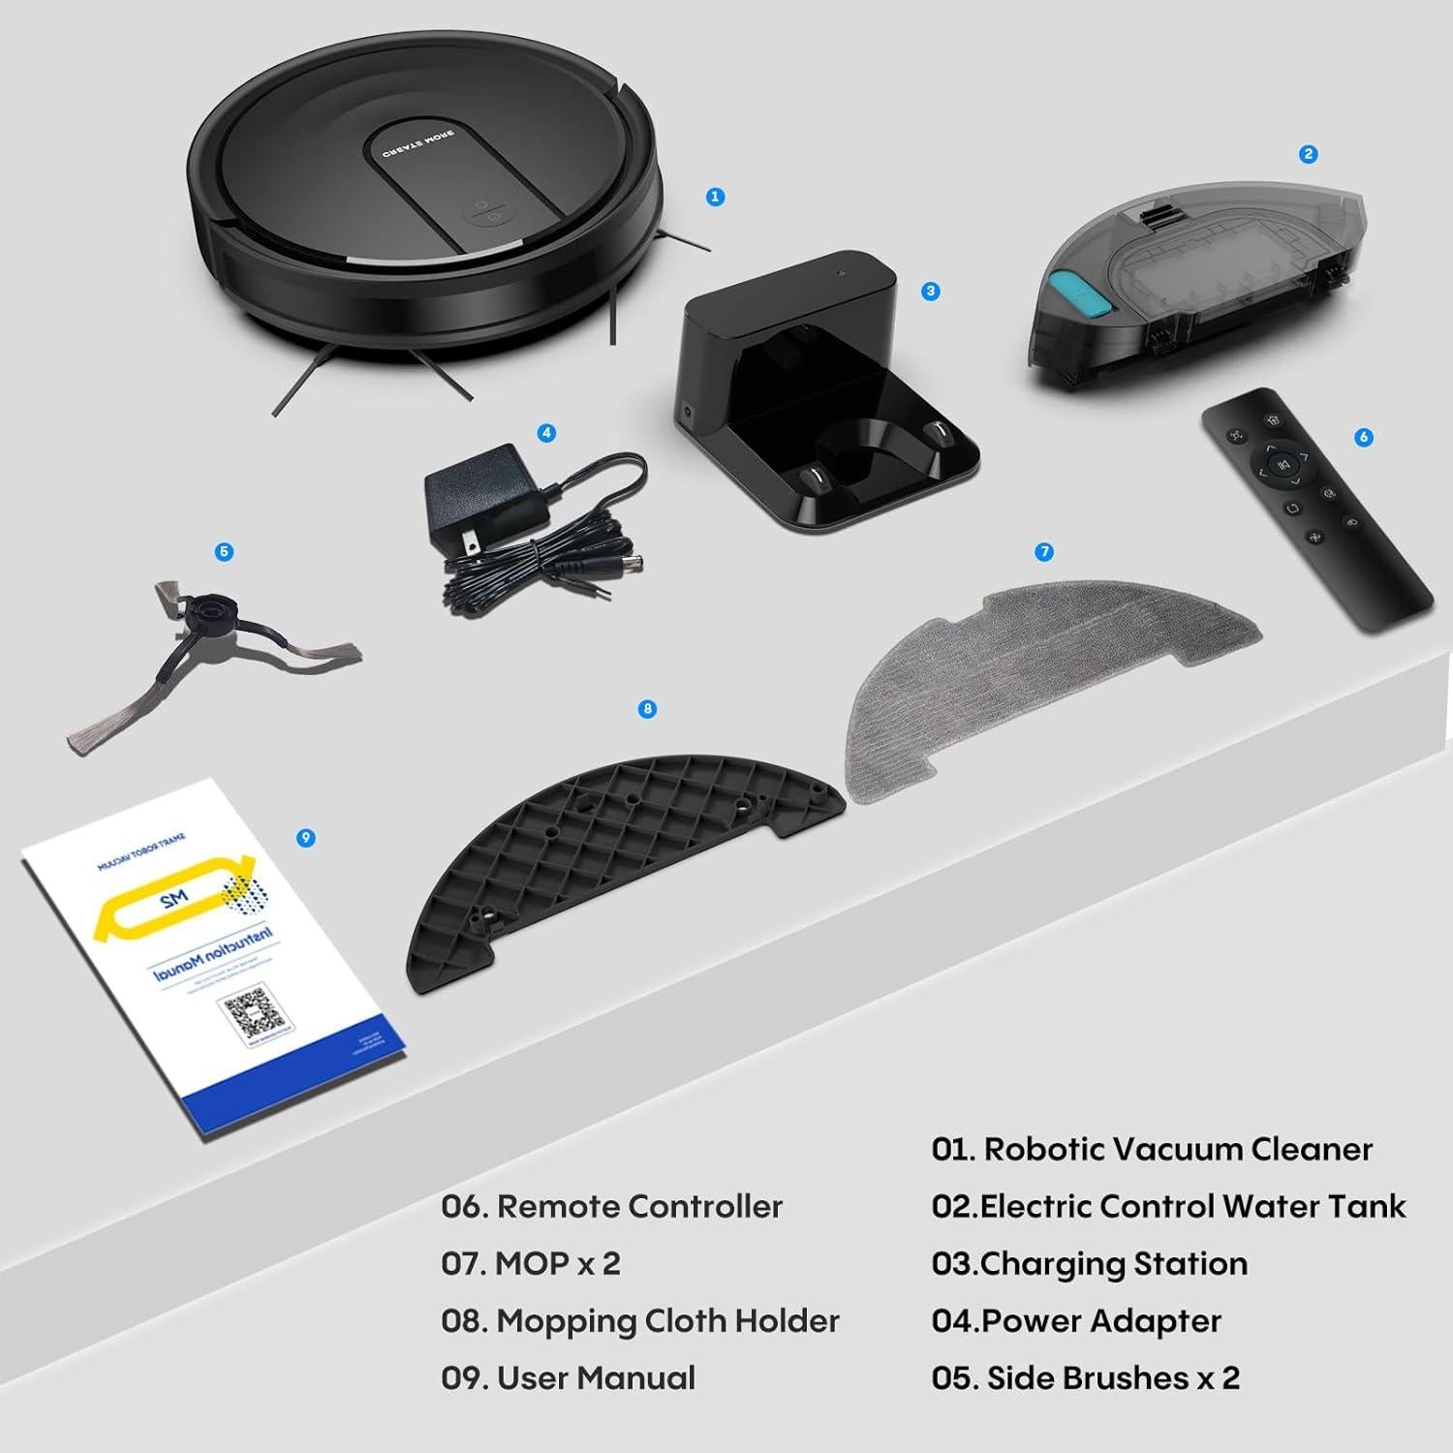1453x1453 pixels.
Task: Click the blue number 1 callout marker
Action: (x=715, y=197)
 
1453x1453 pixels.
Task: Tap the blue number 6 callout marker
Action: (x=1364, y=437)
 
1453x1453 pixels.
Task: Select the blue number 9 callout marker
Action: (x=306, y=837)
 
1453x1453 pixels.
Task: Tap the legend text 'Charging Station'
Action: (x=1114, y=1263)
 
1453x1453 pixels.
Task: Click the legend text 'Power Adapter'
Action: (x=1101, y=1320)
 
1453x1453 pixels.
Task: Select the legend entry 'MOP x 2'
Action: (x=557, y=1263)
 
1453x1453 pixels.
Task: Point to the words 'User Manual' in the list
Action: (x=596, y=1377)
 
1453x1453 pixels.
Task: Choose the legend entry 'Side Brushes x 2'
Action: (x=1113, y=1377)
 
